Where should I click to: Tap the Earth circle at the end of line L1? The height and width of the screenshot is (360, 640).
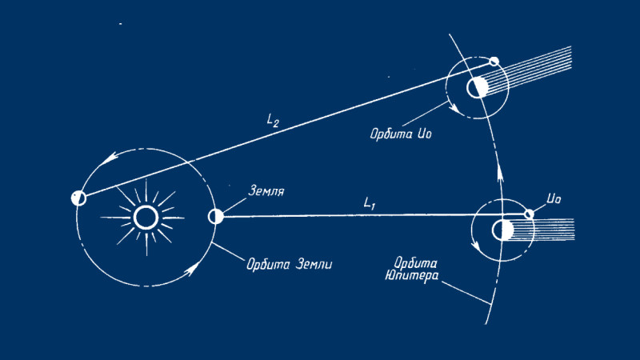tap(215, 216)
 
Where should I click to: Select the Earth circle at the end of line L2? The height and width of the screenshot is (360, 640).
tap(78, 198)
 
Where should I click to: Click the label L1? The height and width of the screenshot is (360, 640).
tap(369, 203)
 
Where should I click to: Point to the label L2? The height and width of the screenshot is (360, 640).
tap(273, 121)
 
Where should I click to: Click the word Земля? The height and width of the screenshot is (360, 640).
tap(266, 191)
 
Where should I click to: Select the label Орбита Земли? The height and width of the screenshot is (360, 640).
tap(290, 264)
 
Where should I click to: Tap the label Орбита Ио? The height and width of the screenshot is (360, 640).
tap(401, 134)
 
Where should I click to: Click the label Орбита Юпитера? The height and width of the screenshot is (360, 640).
tap(412, 270)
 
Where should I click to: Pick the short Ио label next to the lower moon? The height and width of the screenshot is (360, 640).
tap(554, 199)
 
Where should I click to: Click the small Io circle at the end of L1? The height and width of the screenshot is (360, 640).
tap(529, 214)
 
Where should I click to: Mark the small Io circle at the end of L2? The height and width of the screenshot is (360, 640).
tap(494, 62)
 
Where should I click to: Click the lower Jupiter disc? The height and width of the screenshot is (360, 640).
tap(502, 230)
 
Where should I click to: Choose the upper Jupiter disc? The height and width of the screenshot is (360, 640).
tap(477, 87)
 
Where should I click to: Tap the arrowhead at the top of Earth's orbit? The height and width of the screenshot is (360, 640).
tap(110, 158)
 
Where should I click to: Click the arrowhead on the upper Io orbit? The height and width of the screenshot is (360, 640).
tap(453, 107)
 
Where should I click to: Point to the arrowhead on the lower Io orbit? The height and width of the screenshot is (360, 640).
tap(475, 246)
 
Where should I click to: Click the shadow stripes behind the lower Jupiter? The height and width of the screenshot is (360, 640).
tap(544, 230)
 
